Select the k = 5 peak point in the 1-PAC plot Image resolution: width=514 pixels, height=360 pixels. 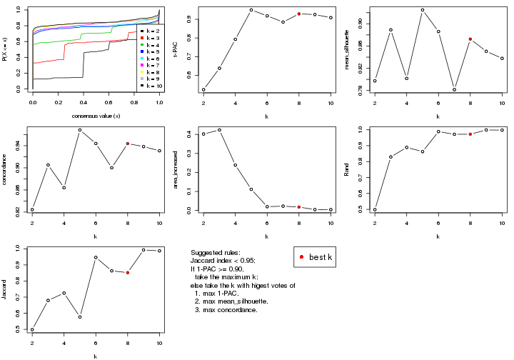pos(251,10)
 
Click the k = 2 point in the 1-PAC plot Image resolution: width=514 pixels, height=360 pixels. pos(203,90)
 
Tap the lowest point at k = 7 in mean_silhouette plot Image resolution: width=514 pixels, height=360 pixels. pos(454,89)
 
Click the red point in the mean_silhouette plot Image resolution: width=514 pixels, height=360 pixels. pos(470,39)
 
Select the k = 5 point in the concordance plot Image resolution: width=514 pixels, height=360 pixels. pos(80,130)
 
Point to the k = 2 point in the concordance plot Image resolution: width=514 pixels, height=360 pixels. pos(32,209)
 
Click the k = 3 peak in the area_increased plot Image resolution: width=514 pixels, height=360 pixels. pos(219,130)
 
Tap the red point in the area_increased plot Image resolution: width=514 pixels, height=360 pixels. pos(299,207)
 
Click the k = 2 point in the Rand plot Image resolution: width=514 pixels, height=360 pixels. pos(375,209)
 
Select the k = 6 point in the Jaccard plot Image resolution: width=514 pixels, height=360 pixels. pos(96,257)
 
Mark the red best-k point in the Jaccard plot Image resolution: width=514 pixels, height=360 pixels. pos(128,272)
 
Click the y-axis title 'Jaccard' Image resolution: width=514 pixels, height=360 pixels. pos(7,289)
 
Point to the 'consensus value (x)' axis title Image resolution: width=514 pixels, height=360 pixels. pos(96,115)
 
